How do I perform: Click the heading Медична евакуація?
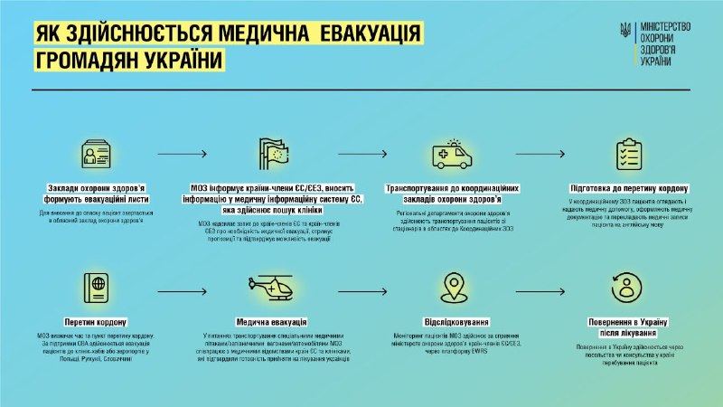click(x=272, y=322)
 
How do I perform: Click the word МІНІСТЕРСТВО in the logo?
click(x=664, y=25)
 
